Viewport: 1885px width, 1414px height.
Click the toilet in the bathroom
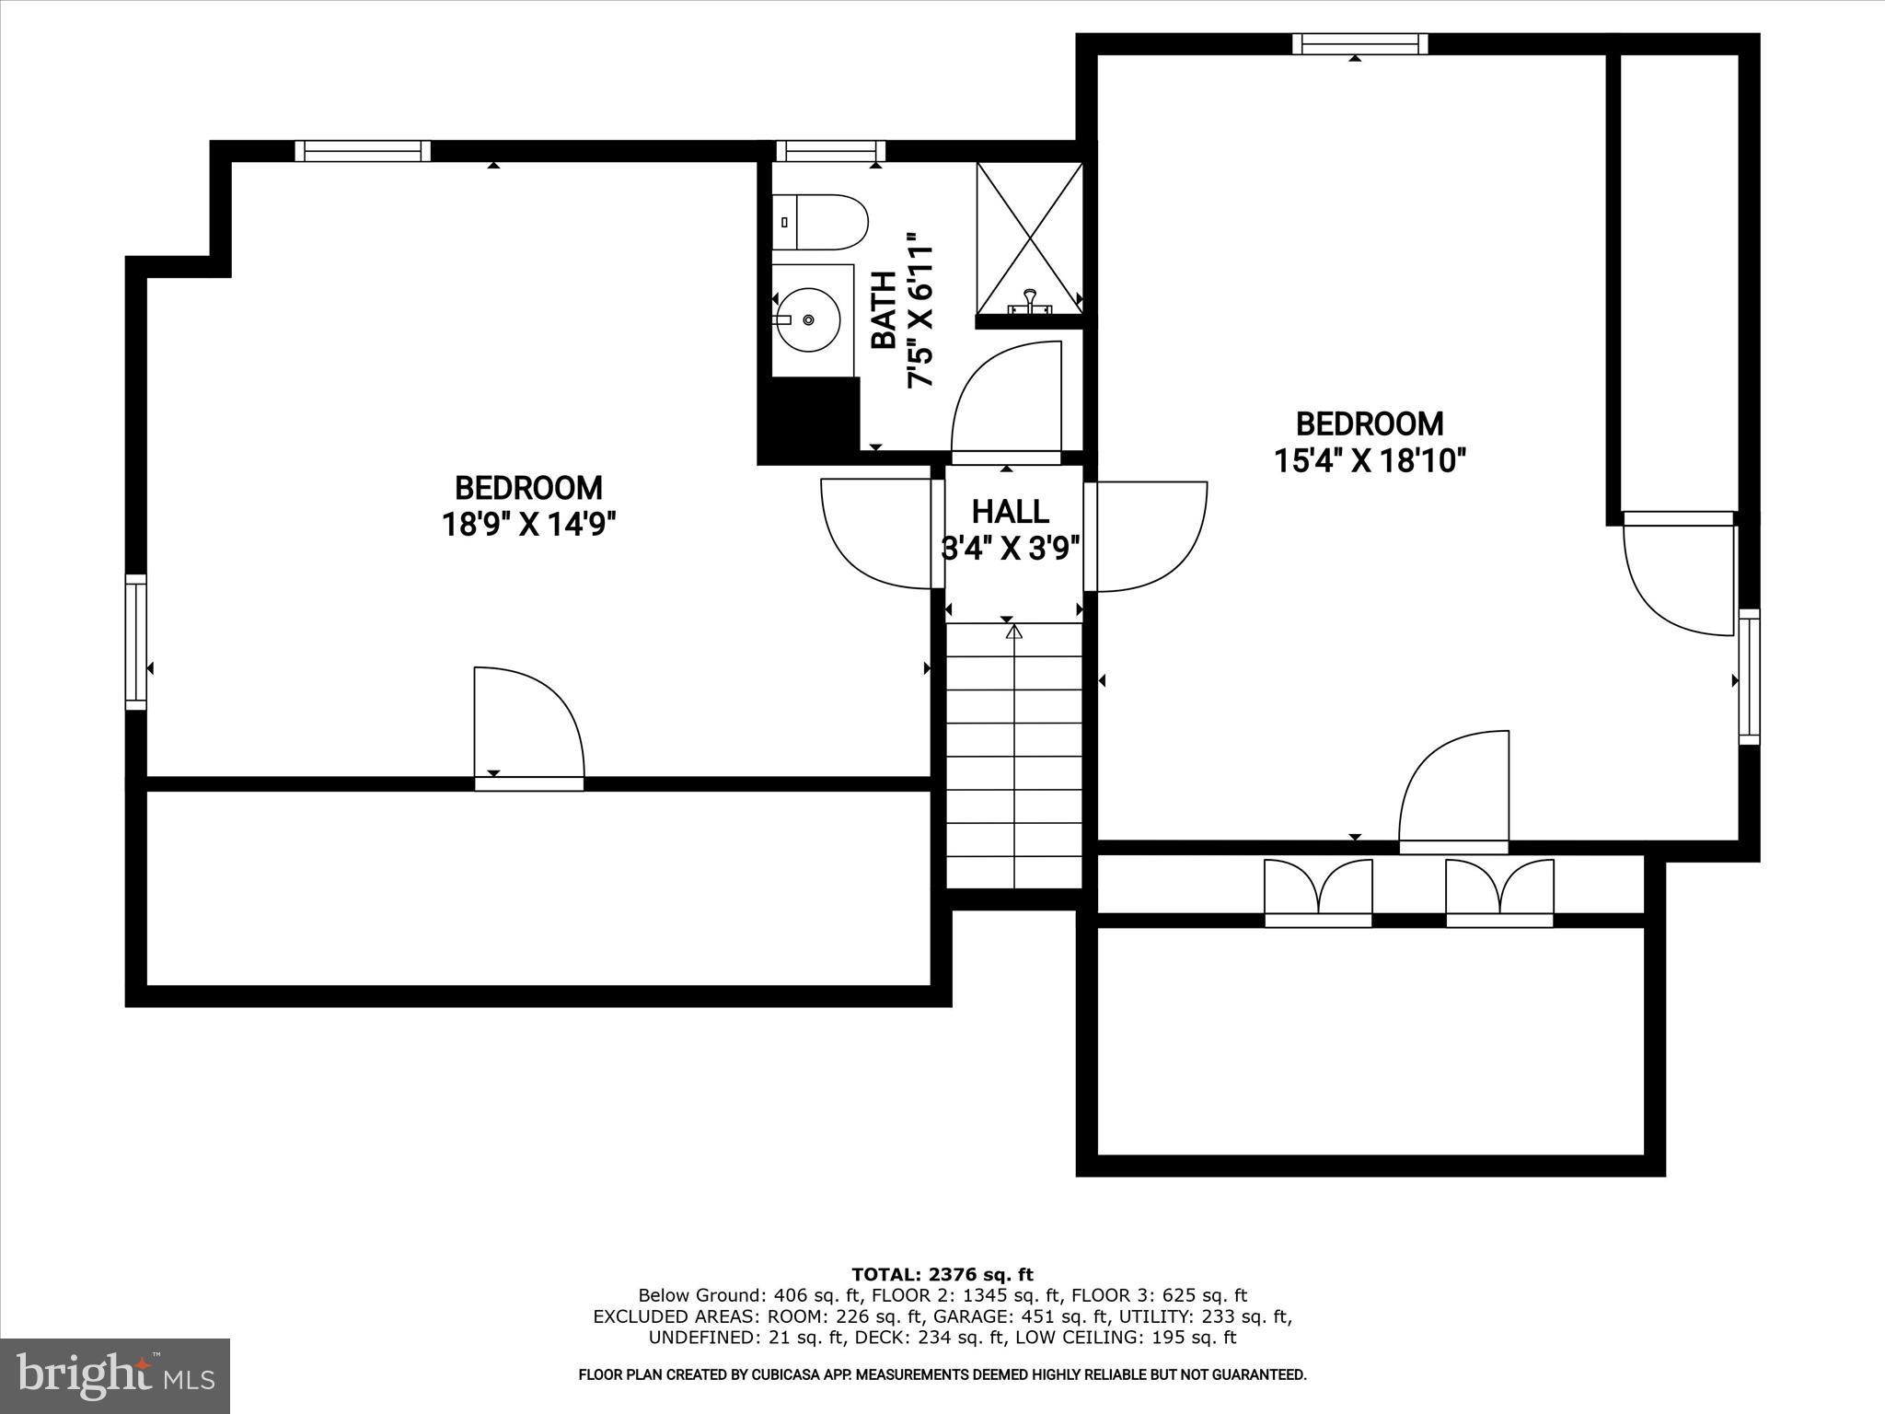[x=821, y=222]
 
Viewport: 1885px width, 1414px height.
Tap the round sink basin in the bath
[x=807, y=319]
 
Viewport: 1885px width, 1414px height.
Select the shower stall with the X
[x=1029, y=237]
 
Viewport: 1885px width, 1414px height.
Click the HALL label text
[x=1010, y=511]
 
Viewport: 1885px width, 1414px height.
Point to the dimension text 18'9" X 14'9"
[x=528, y=525]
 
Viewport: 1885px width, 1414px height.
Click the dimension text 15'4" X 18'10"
[x=1369, y=460]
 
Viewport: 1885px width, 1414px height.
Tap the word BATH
[x=884, y=310]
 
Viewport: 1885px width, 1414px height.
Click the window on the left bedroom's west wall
[x=135, y=642]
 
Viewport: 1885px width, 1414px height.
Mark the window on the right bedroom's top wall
[x=1359, y=43]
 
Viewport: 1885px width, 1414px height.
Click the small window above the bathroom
[x=829, y=150]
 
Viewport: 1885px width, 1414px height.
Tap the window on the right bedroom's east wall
[x=1748, y=677]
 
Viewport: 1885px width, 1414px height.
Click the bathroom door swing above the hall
[x=1006, y=400]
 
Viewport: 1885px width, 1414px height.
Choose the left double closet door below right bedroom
[x=1318, y=890]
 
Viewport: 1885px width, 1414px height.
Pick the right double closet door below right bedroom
[x=1499, y=890]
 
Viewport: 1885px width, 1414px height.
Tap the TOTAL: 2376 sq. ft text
[x=942, y=1275]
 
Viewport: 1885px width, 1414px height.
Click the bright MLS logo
[x=115, y=1376]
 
